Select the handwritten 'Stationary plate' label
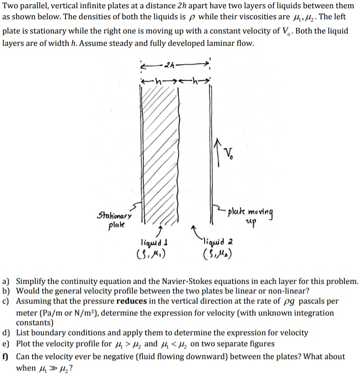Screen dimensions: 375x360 tap(114, 219)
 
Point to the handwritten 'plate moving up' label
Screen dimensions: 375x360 tap(250, 216)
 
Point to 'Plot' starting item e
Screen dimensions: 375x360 tap(24, 344)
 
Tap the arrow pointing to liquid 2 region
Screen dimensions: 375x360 tap(196, 232)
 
